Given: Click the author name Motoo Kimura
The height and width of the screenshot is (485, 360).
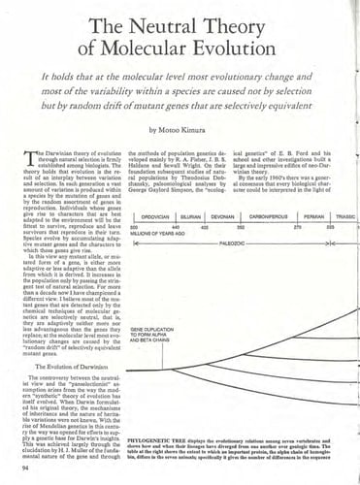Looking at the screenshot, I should coord(189,127).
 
